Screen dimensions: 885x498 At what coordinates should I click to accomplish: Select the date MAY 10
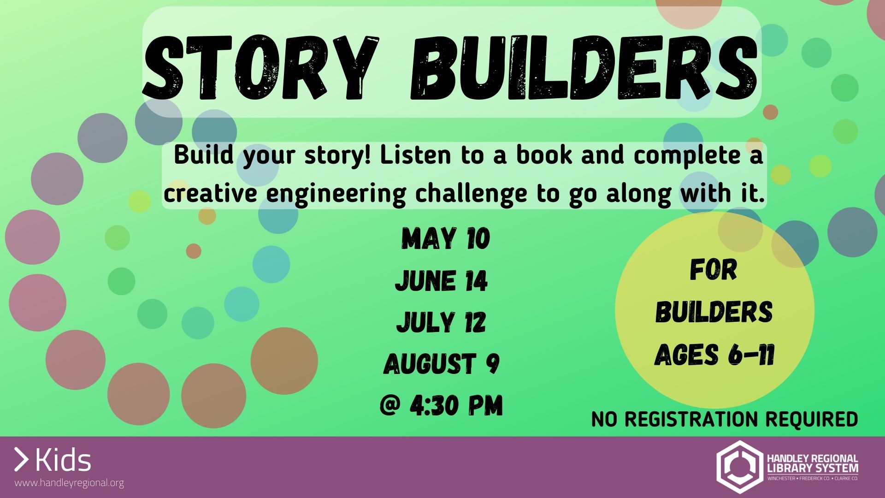tap(445, 239)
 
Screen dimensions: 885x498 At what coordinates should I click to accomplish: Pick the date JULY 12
tap(441, 322)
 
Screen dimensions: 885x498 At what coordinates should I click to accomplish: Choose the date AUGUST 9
tap(442, 363)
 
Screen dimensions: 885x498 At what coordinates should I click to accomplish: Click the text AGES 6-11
tap(714, 355)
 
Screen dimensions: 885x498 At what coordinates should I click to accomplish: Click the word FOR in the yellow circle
tap(714, 270)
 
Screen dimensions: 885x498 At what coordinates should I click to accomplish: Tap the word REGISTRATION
tap(691, 419)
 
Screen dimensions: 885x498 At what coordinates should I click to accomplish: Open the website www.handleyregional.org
tap(69, 483)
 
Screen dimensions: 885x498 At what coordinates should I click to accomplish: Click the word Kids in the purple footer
tap(63, 461)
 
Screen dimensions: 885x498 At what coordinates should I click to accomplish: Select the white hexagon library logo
tap(738, 467)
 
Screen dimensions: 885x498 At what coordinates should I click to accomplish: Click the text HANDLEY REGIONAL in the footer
tap(813, 459)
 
